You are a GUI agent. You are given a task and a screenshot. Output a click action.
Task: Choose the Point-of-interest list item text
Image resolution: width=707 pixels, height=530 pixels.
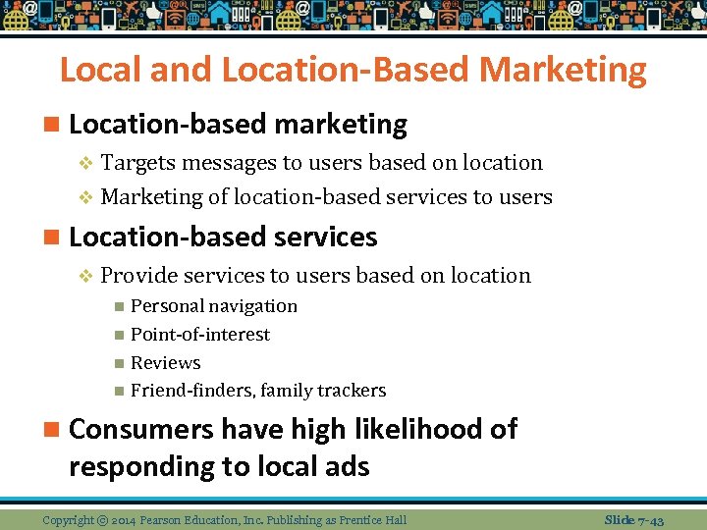point(199,335)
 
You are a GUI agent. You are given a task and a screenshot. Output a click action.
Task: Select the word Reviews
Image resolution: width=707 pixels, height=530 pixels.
point(165,363)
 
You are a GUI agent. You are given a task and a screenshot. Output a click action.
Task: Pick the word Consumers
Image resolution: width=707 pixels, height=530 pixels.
point(140,430)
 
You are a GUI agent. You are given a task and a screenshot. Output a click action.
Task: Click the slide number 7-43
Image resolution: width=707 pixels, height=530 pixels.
point(649,519)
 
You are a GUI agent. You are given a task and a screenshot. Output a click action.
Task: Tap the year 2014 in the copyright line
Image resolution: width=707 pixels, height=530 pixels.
point(126,519)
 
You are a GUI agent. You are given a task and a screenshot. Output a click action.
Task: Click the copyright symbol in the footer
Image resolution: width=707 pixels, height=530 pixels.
point(102,519)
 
